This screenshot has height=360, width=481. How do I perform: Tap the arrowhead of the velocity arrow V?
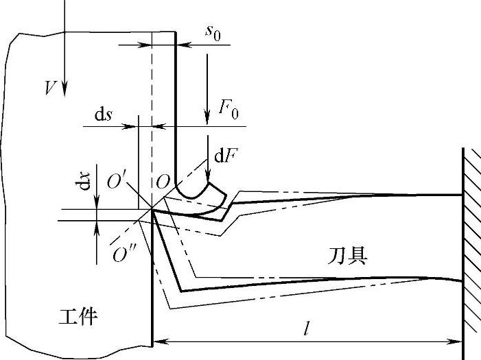[63, 89]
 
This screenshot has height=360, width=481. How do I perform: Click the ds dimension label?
[104, 115]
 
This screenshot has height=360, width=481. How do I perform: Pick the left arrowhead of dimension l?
[157, 340]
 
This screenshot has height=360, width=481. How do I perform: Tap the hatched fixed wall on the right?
[471, 247]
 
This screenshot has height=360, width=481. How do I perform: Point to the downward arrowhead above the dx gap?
[97, 203]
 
